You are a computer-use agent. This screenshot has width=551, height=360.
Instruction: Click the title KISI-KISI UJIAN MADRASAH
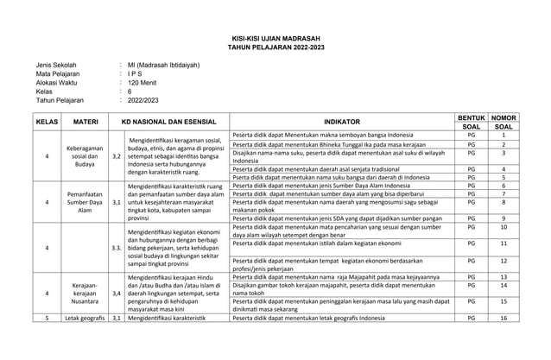(x=275, y=39)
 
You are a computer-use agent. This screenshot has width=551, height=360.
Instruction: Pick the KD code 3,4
(x=116, y=294)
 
